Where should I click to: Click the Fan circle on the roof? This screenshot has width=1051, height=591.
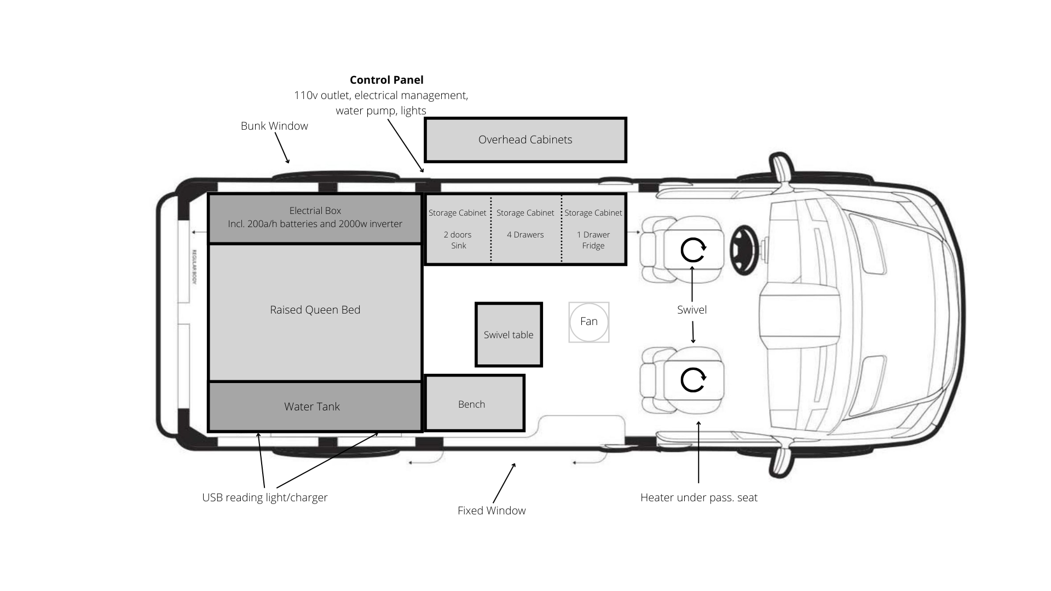coord(588,322)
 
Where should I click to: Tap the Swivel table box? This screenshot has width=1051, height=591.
coord(509,335)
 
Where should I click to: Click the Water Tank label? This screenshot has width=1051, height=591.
coord(312,407)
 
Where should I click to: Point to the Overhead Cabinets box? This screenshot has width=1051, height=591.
coord(525,140)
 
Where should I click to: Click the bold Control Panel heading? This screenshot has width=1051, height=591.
coord(386,80)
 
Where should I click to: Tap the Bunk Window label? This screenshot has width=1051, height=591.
coord(274,126)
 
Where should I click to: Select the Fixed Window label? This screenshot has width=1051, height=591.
coord(492,511)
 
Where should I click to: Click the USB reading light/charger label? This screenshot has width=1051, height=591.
coord(265,497)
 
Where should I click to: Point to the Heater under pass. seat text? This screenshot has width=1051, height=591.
coord(699,497)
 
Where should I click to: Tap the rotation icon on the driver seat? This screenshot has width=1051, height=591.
coord(693,250)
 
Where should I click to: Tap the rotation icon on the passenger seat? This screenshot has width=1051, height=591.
coord(693,379)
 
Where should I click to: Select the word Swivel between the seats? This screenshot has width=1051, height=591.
coord(692,310)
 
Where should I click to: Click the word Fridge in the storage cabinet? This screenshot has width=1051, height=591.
coord(593,246)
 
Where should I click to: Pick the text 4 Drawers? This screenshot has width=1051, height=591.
coord(525,235)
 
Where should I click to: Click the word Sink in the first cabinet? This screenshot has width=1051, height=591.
coord(459,246)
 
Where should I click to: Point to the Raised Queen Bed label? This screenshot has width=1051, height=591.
coord(315,310)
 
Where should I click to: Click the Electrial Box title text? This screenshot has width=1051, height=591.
coord(315,211)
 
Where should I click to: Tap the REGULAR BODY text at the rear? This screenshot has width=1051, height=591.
coord(194,266)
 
